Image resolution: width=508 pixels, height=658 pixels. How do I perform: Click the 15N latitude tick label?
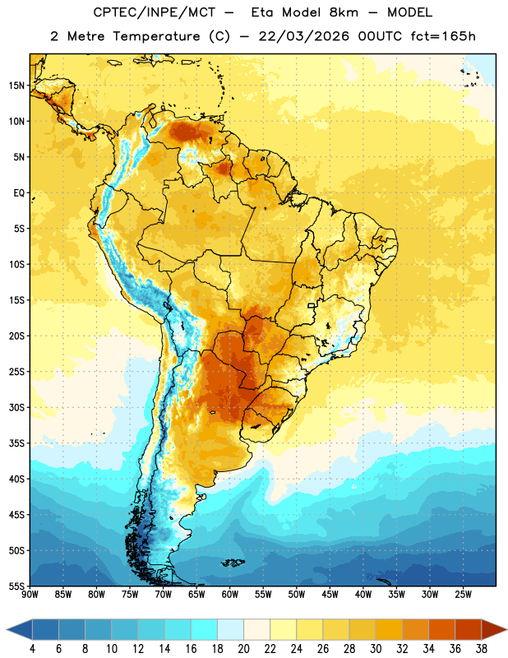[x=16, y=86]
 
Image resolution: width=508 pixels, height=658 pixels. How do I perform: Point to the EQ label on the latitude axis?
[x=19, y=193]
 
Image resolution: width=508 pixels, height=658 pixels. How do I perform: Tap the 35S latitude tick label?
[x=16, y=443]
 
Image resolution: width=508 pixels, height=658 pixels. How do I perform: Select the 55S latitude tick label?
[x=16, y=586]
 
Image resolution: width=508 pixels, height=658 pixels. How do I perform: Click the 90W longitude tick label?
[x=30, y=595]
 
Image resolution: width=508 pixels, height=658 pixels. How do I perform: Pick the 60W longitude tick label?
[x=230, y=595]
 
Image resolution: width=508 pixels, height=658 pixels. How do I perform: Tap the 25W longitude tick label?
[x=463, y=595]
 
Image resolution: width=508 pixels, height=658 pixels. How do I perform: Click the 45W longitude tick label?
[x=330, y=595]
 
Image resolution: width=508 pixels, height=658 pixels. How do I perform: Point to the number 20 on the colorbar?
[x=243, y=649]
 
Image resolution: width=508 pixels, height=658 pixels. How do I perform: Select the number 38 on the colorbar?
[x=481, y=649]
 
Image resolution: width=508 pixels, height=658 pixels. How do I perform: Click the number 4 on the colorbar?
[x=32, y=649]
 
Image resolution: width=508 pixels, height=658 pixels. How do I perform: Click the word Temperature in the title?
[x=156, y=36]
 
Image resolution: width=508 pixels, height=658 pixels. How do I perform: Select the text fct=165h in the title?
[x=443, y=36]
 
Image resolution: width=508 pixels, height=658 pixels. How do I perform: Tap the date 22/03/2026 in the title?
[x=303, y=36]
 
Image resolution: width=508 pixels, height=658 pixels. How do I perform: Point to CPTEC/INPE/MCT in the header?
[x=154, y=12]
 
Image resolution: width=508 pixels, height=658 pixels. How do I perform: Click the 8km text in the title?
[x=344, y=12]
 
